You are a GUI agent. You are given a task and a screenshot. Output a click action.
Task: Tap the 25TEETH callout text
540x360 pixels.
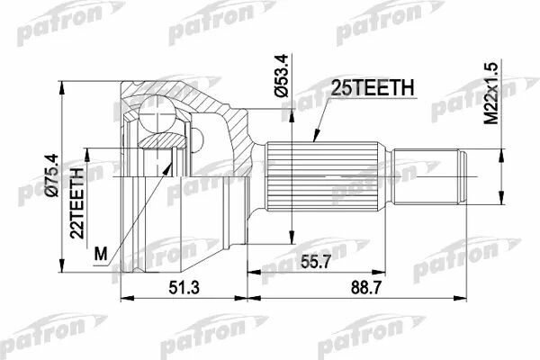[372, 88]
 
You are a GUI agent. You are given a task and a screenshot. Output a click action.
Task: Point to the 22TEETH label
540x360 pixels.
[76, 203]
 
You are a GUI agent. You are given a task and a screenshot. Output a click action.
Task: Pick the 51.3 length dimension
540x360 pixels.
[184, 288]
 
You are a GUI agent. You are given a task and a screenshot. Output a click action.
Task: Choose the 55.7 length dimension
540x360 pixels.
[315, 262]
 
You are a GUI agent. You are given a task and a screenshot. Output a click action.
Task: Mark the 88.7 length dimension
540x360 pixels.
[366, 288]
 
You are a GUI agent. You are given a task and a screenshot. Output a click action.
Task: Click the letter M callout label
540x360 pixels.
[101, 255]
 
